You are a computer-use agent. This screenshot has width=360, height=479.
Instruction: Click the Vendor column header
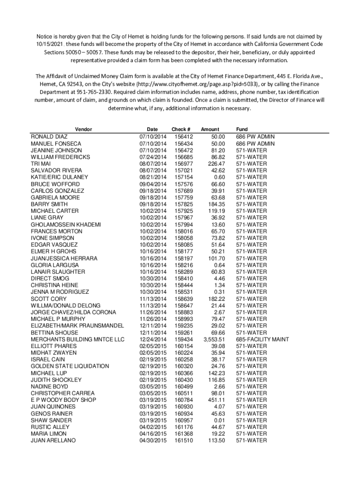tap(84, 129)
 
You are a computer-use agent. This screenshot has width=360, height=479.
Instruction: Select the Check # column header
tap(181, 129)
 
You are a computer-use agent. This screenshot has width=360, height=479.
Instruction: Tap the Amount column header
tap(210, 129)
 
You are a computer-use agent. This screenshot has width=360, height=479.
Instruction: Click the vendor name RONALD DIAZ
tap(49, 137)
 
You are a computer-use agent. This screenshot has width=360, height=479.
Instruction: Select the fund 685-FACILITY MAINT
tap(262, 339)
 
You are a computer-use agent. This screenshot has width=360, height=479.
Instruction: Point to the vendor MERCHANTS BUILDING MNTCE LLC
tap(78, 339)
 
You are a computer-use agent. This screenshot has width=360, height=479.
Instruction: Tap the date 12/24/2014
tap(153, 339)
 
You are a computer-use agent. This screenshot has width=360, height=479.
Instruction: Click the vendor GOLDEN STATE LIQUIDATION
tap(70, 366)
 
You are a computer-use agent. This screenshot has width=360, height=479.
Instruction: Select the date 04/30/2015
tap(153, 441)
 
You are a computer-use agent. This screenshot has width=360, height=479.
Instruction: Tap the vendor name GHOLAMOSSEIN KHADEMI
tap(66, 225)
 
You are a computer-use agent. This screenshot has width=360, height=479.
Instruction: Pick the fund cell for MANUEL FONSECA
tap(255, 144)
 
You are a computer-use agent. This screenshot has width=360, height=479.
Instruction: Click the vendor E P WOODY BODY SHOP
tap(64, 400)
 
